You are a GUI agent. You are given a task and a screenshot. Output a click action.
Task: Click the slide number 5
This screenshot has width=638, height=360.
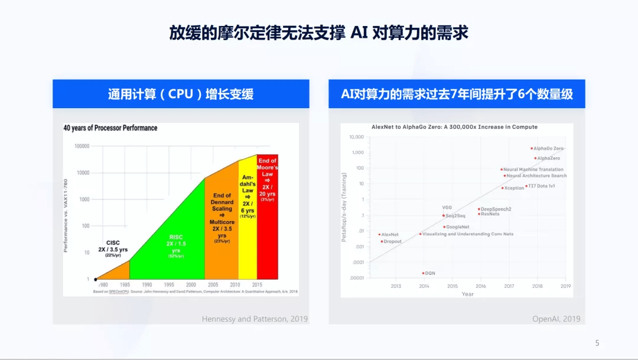[597, 343]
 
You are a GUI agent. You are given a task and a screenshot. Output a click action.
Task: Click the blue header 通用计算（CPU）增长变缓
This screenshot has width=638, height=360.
[181, 94]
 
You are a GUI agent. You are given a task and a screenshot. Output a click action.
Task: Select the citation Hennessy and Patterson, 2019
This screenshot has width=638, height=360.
[255, 319]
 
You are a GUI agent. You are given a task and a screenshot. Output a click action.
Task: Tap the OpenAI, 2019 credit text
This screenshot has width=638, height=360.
[556, 319]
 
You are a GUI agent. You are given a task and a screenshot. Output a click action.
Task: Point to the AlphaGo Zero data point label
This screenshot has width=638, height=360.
[549, 148]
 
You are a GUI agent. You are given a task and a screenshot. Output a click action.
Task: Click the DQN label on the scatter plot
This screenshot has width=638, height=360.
[430, 273]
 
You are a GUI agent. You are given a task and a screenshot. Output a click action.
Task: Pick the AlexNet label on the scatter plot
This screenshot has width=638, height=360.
[390, 235]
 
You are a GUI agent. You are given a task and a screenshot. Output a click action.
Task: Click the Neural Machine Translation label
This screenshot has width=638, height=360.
[533, 170]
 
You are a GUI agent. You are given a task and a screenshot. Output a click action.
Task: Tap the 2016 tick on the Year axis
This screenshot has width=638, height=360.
[480, 286]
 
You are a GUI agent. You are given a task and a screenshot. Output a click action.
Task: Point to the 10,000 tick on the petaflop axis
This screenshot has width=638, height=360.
[356, 137]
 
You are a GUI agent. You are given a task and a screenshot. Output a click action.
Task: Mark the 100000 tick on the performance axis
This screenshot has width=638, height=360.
[82, 146]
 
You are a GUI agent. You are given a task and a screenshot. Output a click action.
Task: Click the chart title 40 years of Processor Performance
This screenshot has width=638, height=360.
[110, 128]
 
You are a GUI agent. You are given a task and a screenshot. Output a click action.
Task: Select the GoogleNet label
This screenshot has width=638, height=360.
[458, 227]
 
